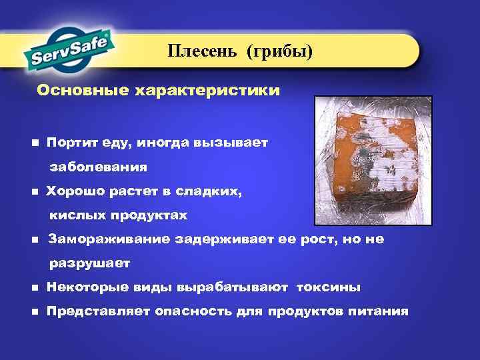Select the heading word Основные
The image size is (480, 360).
pos(75,89)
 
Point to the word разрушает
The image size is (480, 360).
pos(90,263)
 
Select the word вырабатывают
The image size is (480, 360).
pos(233,287)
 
